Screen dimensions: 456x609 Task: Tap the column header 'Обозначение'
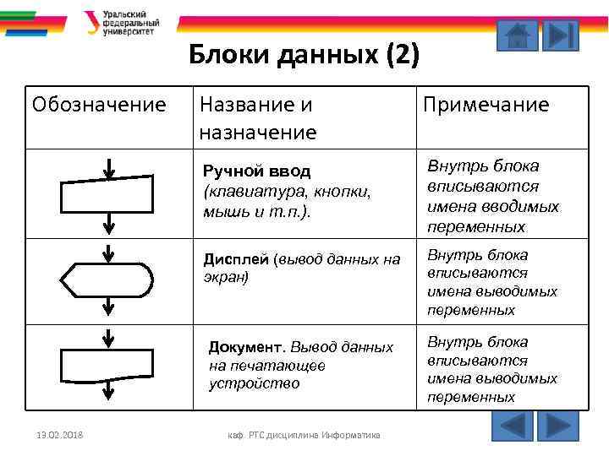99,105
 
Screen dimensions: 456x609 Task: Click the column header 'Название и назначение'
257,118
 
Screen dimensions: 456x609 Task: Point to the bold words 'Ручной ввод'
256,171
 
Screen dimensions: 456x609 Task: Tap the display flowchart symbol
107,279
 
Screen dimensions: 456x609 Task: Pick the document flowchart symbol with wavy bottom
107,366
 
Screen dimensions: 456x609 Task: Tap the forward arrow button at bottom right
557,426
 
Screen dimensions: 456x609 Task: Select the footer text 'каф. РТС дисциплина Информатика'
304,436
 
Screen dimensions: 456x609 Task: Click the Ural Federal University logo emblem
91,23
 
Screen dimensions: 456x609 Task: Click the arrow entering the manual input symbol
108,168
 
